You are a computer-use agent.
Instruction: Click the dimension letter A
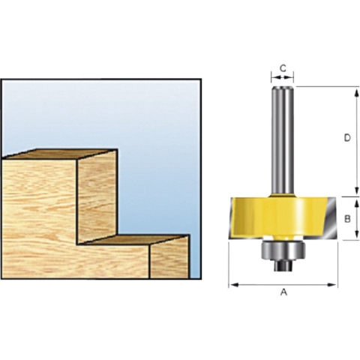click(283, 292)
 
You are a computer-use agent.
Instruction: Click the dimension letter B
click(347, 219)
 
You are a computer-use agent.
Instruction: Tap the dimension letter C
click(283, 68)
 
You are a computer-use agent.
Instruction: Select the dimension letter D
click(347, 138)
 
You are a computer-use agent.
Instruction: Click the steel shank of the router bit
click(283, 140)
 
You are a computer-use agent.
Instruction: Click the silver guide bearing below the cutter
click(283, 250)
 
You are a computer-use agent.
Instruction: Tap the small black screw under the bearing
click(283, 265)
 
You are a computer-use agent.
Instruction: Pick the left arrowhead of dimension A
click(233, 284)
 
